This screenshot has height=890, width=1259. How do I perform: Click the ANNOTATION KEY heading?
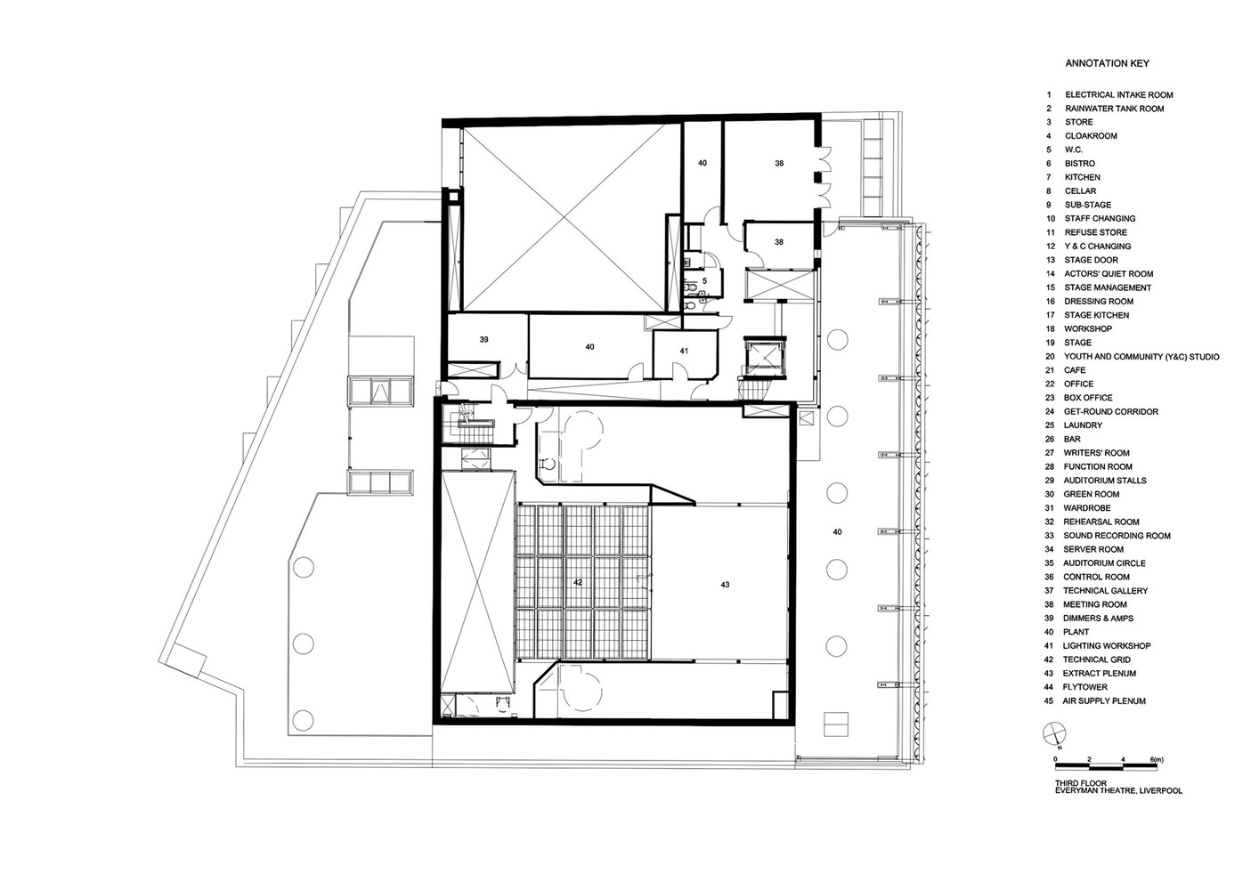click(x=1107, y=63)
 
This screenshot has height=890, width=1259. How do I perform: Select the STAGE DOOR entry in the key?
click(x=1091, y=260)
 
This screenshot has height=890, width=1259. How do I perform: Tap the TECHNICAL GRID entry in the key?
click(x=1096, y=659)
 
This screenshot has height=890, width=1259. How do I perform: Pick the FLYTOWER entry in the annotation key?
click(x=1084, y=687)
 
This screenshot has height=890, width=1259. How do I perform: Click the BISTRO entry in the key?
click(x=1079, y=164)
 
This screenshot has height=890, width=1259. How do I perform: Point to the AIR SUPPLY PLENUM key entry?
click(x=1104, y=701)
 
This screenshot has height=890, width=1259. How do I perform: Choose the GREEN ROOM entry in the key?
click(x=1091, y=494)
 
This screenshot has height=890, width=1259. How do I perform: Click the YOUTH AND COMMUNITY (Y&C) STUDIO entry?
click(x=1141, y=357)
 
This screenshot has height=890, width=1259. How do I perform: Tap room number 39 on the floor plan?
click(x=483, y=339)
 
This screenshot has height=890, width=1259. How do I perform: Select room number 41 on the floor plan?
click(x=684, y=351)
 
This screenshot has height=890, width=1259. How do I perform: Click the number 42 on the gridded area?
click(x=578, y=582)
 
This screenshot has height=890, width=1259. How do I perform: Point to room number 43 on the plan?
click(x=725, y=585)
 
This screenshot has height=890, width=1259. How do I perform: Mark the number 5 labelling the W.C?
click(x=704, y=280)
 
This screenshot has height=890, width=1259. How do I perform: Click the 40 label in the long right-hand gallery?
click(x=836, y=531)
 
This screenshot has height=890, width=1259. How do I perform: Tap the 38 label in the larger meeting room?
click(x=779, y=164)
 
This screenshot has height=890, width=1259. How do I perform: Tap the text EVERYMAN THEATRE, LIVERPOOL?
click(x=1118, y=791)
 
